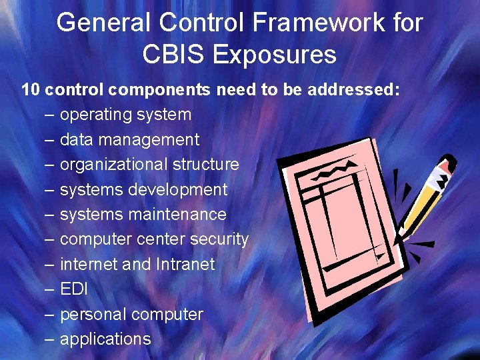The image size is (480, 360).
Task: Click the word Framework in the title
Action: [x=297, y=23]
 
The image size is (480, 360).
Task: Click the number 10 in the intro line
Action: [x=31, y=90]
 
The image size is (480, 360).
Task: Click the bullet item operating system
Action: [x=125, y=115]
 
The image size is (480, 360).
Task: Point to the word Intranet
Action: [x=185, y=264]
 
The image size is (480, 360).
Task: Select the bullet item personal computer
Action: [x=131, y=314]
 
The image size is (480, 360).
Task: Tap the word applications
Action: [x=105, y=339]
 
